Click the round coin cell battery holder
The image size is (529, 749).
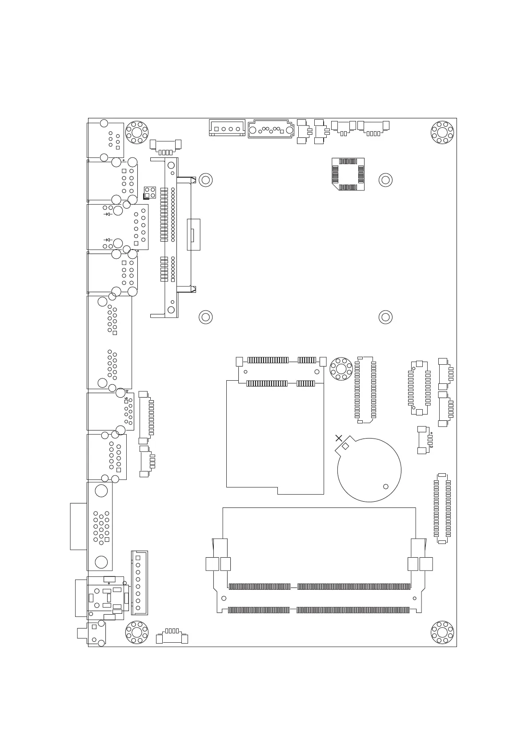(x=369, y=470)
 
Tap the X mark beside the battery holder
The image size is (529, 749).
(x=339, y=438)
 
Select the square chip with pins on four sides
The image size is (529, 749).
(x=348, y=174)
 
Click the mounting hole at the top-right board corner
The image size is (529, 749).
(x=442, y=132)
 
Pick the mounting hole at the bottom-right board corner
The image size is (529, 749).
(x=442, y=632)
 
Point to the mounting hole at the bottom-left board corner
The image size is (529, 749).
(x=137, y=632)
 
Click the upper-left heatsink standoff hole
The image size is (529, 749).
(x=205, y=180)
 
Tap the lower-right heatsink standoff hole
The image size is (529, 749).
(x=385, y=317)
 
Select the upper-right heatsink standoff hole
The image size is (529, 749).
(x=385, y=180)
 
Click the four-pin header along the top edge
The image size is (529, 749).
(x=227, y=128)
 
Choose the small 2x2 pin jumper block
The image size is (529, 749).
(x=150, y=193)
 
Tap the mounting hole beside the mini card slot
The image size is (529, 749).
(x=341, y=369)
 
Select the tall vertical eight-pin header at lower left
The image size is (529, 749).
(x=139, y=583)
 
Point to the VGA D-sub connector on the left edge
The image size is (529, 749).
(x=100, y=526)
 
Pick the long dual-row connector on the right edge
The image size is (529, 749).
(x=442, y=508)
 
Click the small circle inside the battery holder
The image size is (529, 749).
(x=386, y=487)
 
